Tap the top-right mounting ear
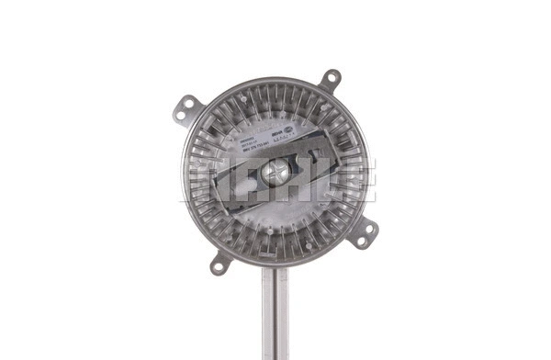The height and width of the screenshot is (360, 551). [x=330, y=79]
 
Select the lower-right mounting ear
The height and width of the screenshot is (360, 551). [x=365, y=234]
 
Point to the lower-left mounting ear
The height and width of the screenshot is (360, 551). [x=219, y=264]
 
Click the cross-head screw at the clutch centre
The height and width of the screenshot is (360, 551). [x=275, y=170]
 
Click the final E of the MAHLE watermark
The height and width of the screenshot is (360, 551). [x=354, y=180]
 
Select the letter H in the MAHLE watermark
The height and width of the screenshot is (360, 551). [x=280, y=180]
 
